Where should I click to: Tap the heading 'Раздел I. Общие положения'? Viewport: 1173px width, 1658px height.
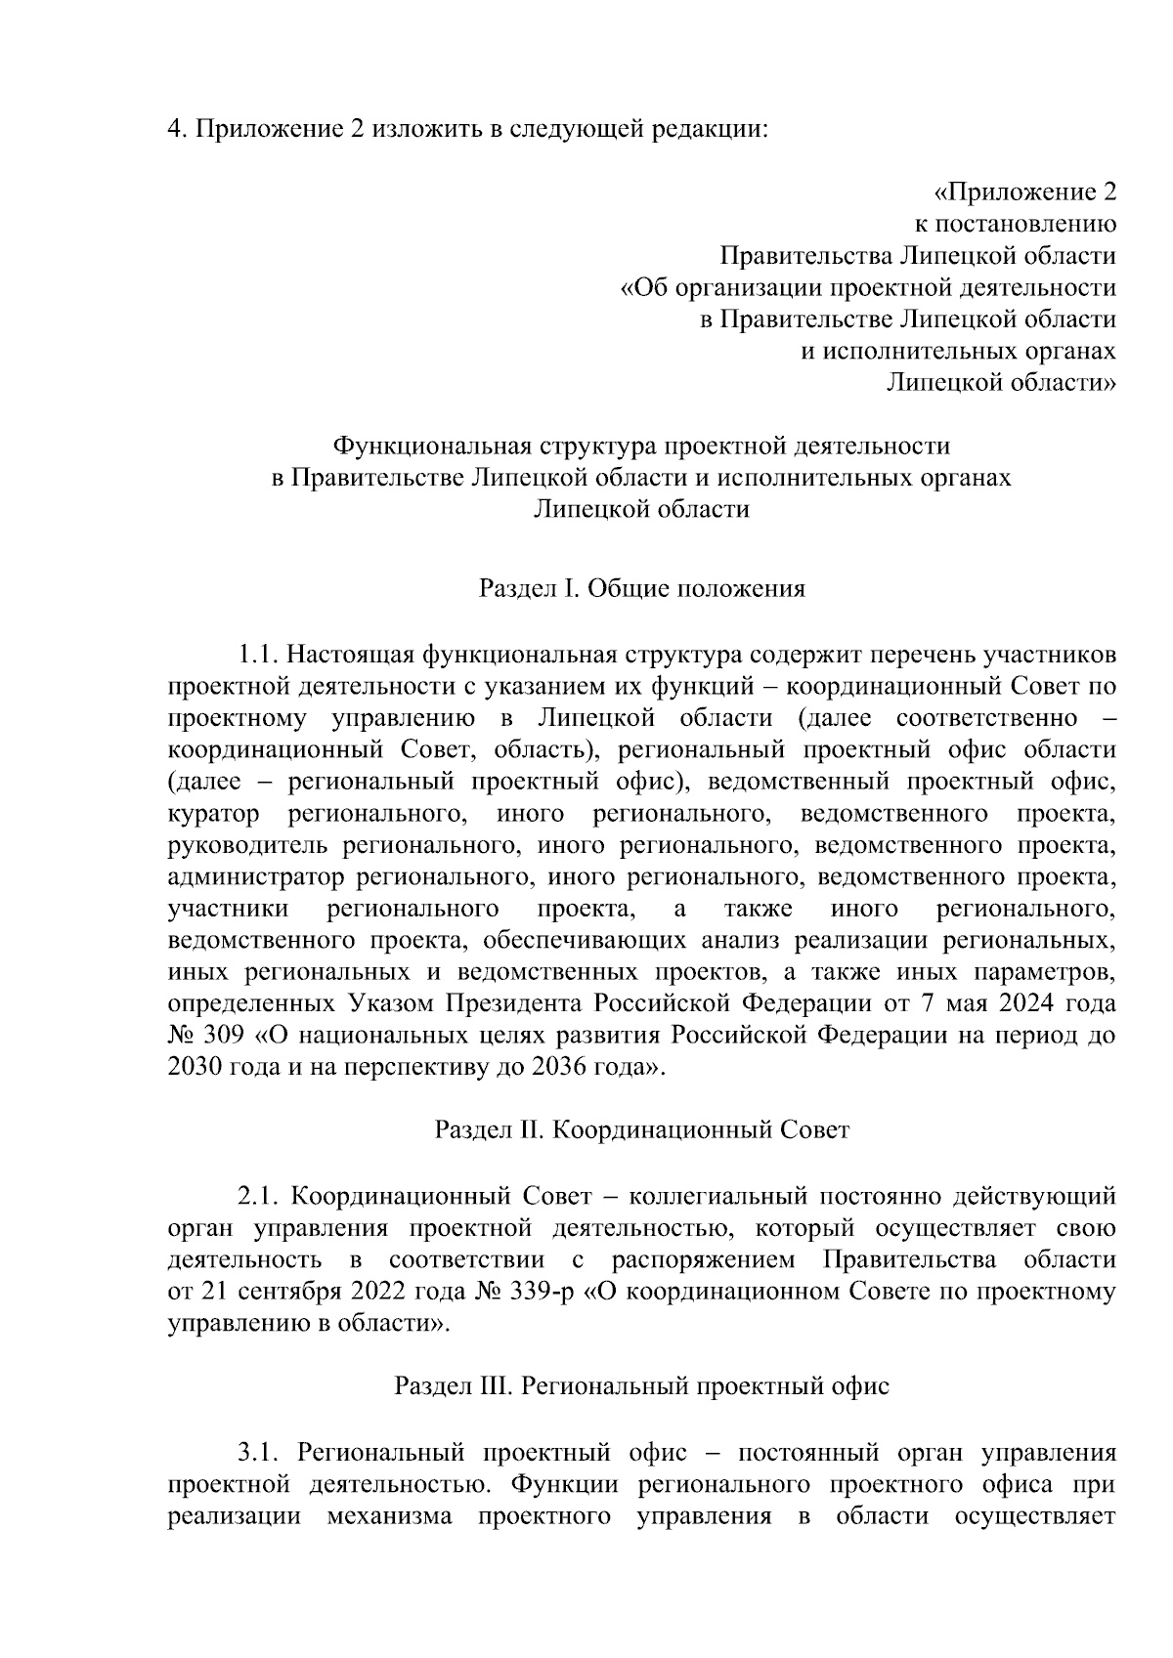[x=642, y=589]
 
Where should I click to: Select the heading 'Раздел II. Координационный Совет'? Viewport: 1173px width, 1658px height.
[x=642, y=1130]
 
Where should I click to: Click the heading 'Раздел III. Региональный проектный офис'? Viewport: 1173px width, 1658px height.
[x=642, y=1386]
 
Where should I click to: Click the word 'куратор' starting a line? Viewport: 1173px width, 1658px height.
[x=214, y=813]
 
